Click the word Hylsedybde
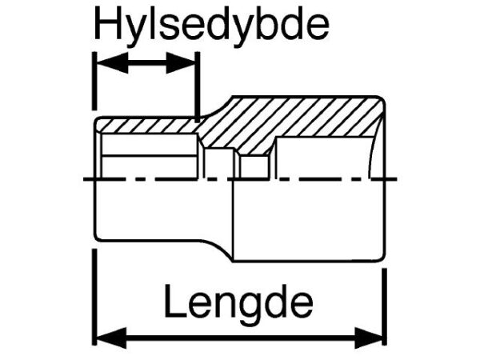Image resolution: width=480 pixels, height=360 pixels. point(212,26)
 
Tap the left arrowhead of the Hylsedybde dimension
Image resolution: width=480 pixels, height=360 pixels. point(112,62)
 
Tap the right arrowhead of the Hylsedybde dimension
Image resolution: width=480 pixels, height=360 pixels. point(181,62)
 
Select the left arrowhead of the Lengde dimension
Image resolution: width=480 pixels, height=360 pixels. point(111,338)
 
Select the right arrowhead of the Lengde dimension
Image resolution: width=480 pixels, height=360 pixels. point(369,338)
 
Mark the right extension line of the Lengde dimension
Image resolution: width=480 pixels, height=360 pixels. point(385,306)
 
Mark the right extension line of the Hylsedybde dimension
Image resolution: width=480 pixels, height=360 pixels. point(198,86)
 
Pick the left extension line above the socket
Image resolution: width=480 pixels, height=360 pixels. point(95,81)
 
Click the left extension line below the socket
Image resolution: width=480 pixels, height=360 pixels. point(95,297)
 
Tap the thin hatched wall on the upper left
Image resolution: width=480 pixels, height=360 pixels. point(147,126)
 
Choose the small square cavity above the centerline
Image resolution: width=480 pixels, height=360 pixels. point(254,166)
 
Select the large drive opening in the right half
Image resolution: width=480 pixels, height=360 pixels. point(323,158)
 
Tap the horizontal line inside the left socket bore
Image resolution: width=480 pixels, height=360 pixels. point(150,156)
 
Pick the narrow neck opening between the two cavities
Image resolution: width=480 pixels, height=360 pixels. point(220,163)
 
